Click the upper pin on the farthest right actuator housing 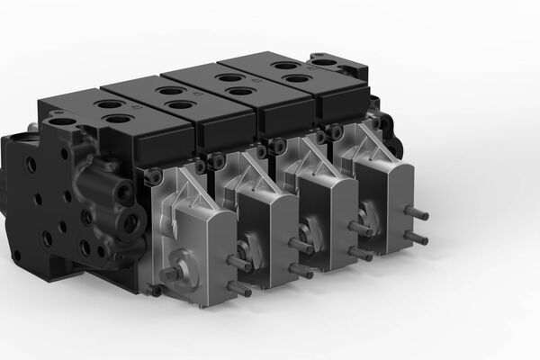point(416,214)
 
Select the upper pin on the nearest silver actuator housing point(239,264)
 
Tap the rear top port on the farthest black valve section point(284,66)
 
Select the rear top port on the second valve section point(168,91)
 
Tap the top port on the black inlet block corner point(62,121)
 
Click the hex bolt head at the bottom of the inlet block point(155,291)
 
